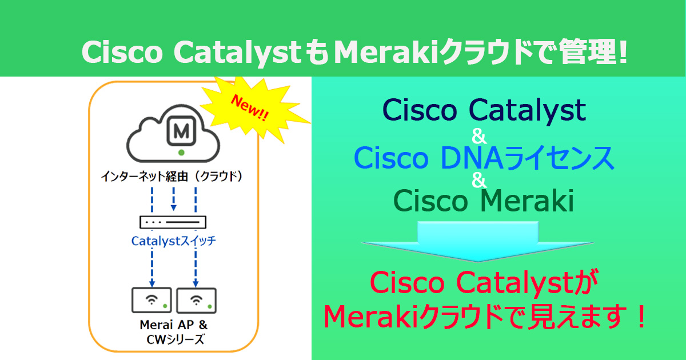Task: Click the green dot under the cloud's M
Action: (181, 153)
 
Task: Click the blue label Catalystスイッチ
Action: (174, 241)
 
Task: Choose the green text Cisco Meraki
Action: (484, 201)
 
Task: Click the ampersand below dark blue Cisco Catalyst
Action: (479, 136)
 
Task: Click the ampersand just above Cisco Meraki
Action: (479, 181)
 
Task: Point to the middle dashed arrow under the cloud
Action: (174, 197)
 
